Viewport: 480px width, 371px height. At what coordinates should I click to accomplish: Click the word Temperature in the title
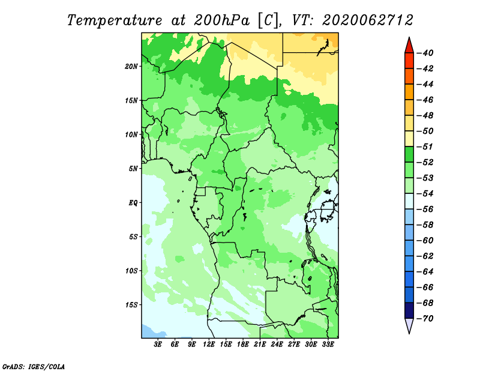(x=115, y=21)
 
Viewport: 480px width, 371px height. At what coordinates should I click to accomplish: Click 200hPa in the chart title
(x=222, y=20)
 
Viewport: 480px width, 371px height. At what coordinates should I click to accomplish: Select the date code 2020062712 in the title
(x=368, y=20)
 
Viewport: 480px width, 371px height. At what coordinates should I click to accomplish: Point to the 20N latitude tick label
(x=131, y=67)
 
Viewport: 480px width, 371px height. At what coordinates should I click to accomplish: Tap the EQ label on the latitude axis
(x=133, y=203)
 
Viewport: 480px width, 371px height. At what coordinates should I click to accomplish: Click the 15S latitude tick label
(x=131, y=305)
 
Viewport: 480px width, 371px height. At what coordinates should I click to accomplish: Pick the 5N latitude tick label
(x=133, y=169)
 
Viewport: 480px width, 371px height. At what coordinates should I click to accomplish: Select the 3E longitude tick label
(x=158, y=344)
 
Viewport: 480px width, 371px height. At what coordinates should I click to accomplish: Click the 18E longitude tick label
(x=243, y=344)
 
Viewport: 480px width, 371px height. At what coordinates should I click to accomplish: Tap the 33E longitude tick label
(x=328, y=344)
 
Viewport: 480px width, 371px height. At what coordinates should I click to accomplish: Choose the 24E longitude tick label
(x=277, y=344)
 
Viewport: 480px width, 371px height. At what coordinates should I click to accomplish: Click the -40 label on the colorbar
(x=425, y=53)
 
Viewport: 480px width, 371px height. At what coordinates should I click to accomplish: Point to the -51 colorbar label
(x=425, y=146)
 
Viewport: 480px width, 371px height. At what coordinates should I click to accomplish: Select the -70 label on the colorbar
(x=425, y=319)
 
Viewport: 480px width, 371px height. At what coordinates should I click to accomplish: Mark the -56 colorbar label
(x=425, y=210)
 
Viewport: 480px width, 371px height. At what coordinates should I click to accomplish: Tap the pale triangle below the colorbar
(x=409, y=325)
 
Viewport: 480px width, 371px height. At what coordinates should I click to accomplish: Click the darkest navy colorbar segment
(x=409, y=310)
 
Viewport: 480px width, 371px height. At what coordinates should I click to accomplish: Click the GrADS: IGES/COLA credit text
(x=34, y=367)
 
